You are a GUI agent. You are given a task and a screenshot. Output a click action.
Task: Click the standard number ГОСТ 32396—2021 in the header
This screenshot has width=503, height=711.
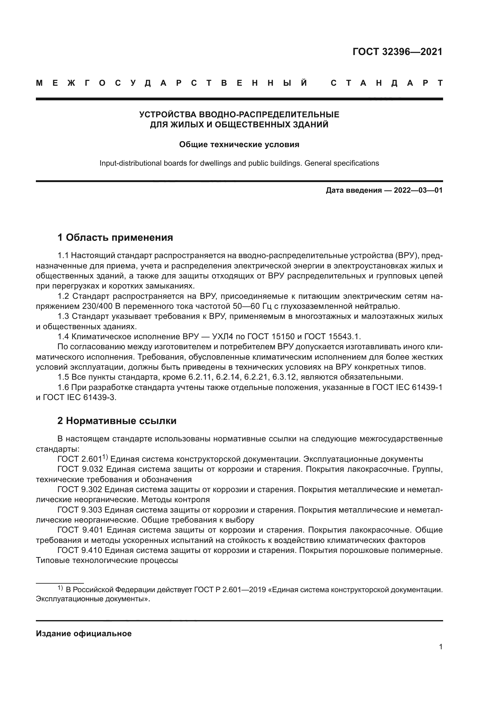pyautogui.click(x=397, y=52)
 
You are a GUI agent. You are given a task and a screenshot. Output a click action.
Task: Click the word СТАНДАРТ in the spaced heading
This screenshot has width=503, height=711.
pyautogui.click(x=387, y=83)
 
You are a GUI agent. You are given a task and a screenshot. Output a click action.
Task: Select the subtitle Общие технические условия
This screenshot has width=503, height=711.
pyautogui.click(x=239, y=145)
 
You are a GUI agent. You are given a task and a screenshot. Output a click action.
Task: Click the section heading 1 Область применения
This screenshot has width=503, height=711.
pyautogui.click(x=115, y=237)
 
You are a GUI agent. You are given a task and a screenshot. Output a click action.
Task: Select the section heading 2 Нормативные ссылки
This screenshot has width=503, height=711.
pyautogui.click(x=117, y=421)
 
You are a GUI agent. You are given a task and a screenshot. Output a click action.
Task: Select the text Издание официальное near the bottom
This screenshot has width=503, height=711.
pyautogui.click(x=84, y=633)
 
